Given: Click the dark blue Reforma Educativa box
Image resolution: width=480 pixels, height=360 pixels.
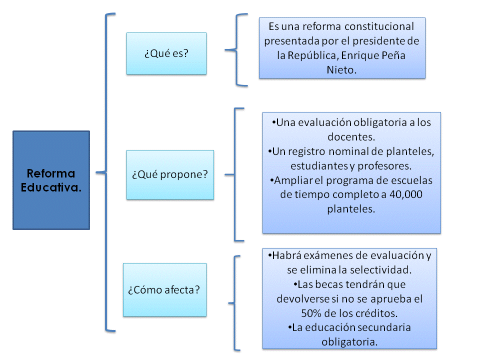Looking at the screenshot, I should (x=51, y=180).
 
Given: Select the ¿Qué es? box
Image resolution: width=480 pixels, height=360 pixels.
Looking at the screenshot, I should (x=166, y=53).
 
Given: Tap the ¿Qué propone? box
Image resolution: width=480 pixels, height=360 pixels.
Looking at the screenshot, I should (x=170, y=175).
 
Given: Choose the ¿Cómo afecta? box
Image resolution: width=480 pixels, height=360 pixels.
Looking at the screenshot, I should (x=164, y=289).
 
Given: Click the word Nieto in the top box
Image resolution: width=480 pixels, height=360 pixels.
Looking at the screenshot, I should (x=341, y=70).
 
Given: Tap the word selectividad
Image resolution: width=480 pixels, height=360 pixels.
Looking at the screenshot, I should (x=379, y=270).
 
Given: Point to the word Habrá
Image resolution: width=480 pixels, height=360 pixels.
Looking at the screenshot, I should (x=287, y=255).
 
